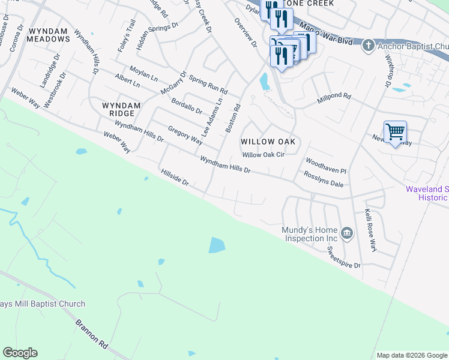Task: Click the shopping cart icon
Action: [x=395, y=131]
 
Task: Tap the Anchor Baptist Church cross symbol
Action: [x=368, y=46]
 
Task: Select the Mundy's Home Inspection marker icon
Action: [x=346, y=233]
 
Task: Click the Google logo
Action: [x=20, y=353]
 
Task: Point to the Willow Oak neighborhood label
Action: [x=270, y=142]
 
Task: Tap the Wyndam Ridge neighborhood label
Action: [x=121, y=109]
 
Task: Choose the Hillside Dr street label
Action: [x=175, y=177]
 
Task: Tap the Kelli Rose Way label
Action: [x=371, y=230]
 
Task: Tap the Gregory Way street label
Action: [x=185, y=135]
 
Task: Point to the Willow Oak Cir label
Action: [x=262, y=154]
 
